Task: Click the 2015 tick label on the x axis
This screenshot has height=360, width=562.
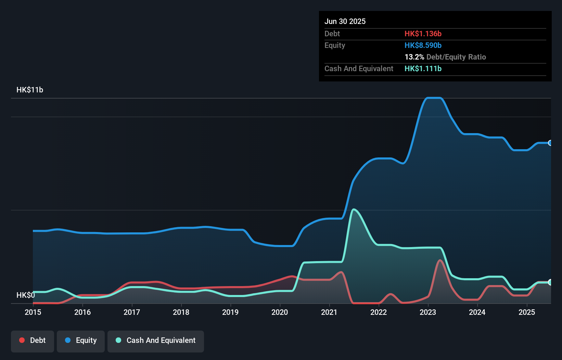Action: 33,312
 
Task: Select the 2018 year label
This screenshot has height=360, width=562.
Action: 181,312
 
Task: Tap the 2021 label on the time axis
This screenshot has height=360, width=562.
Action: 329,312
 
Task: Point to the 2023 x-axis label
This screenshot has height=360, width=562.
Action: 428,312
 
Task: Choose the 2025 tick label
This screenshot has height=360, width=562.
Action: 527,312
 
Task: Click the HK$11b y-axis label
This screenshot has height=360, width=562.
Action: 30,90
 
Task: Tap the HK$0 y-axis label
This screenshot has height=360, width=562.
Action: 26,295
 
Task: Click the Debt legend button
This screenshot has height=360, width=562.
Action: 33,340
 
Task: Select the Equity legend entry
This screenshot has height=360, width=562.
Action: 81,340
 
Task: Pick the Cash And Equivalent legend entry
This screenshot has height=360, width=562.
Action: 156,340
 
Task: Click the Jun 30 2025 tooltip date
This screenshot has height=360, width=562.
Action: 345,21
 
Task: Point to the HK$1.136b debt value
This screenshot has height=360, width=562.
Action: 423,34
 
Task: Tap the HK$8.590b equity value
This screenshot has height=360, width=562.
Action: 423,45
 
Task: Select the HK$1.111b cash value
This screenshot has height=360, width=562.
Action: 423,68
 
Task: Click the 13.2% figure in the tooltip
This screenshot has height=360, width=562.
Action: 414,57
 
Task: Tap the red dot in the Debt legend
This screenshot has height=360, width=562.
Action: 22,340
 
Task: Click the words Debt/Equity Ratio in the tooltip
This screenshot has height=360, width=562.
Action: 456,57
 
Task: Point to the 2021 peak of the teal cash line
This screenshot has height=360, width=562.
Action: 353,209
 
